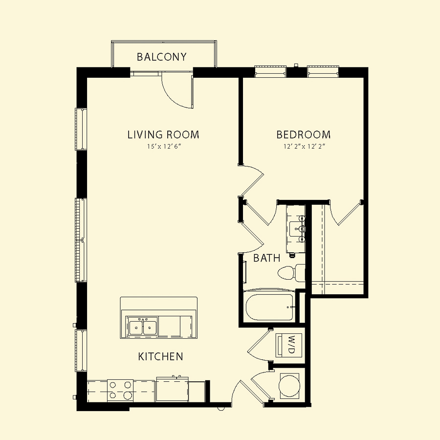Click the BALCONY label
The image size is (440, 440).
pyautogui.click(x=162, y=57)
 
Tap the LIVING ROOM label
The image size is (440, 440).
pyautogui.click(x=163, y=135)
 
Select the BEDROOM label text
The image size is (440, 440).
pyautogui.click(x=303, y=135)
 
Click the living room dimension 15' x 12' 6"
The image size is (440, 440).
pyautogui.click(x=164, y=147)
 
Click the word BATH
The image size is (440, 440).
pyautogui.click(x=266, y=258)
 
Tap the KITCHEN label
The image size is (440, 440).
pyautogui.click(x=160, y=357)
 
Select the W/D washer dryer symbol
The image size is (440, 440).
pyautogui.click(x=289, y=345)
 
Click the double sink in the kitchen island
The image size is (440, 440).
pyautogui.click(x=143, y=326)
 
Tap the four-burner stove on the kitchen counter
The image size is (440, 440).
pyautogui.click(x=120, y=390)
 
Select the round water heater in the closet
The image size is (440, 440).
pyautogui.click(x=289, y=386)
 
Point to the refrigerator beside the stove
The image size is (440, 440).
pyautogui.click(x=172, y=390)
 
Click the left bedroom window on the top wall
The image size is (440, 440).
pyautogui.click(x=270, y=71)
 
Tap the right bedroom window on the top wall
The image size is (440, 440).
pyautogui.click(x=323, y=71)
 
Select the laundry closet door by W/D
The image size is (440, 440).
pyautogui.click(x=259, y=345)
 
